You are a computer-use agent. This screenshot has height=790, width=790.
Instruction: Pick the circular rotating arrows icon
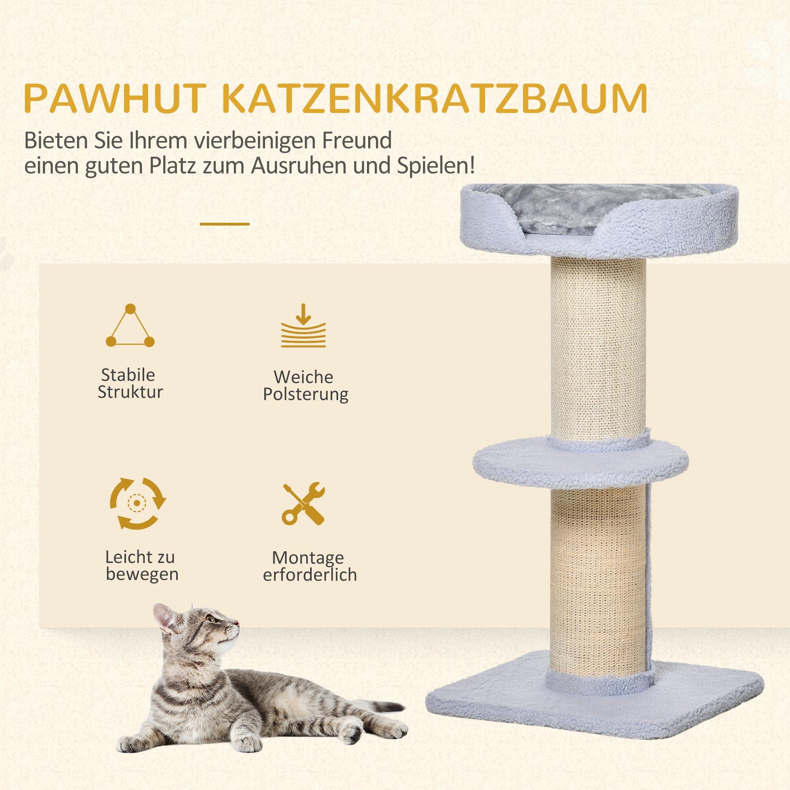click(x=138, y=502)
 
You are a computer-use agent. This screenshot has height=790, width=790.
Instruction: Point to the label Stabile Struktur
click(x=130, y=383)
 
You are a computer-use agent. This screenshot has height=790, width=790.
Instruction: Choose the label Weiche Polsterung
click(x=305, y=386)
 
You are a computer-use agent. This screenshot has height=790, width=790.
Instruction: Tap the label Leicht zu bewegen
click(x=141, y=566)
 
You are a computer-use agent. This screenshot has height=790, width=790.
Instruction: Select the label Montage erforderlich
click(x=310, y=566)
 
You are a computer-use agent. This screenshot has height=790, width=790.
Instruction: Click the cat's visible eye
click(x=211, y=630)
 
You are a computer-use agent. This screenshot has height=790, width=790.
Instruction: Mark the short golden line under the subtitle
click(x=224, y=224)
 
